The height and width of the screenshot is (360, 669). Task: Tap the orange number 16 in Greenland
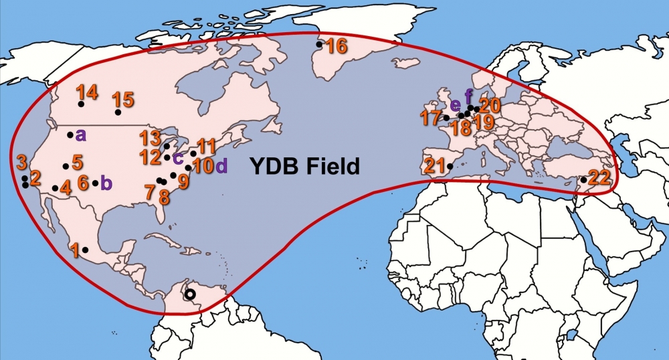pyautogui.click(x=337, y=46)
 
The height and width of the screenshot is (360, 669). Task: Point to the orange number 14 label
pyautogui.click(x=87, y=92)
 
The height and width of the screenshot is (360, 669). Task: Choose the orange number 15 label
pyautogui.click(x=123, y=100)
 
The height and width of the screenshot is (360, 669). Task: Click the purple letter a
pyautogui.click(x=81, y=134)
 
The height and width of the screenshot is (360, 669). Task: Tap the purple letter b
pyautogui.click(x=106, y=183)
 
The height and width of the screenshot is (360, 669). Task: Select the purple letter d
pyautogui.click(x=221, y=165)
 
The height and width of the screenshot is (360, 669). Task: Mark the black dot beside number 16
pyautogui.click(x=320, y=44)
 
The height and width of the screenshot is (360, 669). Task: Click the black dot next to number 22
pyautogui.click(x=583, y=180)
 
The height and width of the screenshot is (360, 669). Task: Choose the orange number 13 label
pyautogui.click(x=149, y=139)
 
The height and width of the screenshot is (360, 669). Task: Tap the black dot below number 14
pyautogui.click(x=81, y=104)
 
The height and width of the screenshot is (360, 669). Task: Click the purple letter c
pyautogui.click(x=177, y=159)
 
